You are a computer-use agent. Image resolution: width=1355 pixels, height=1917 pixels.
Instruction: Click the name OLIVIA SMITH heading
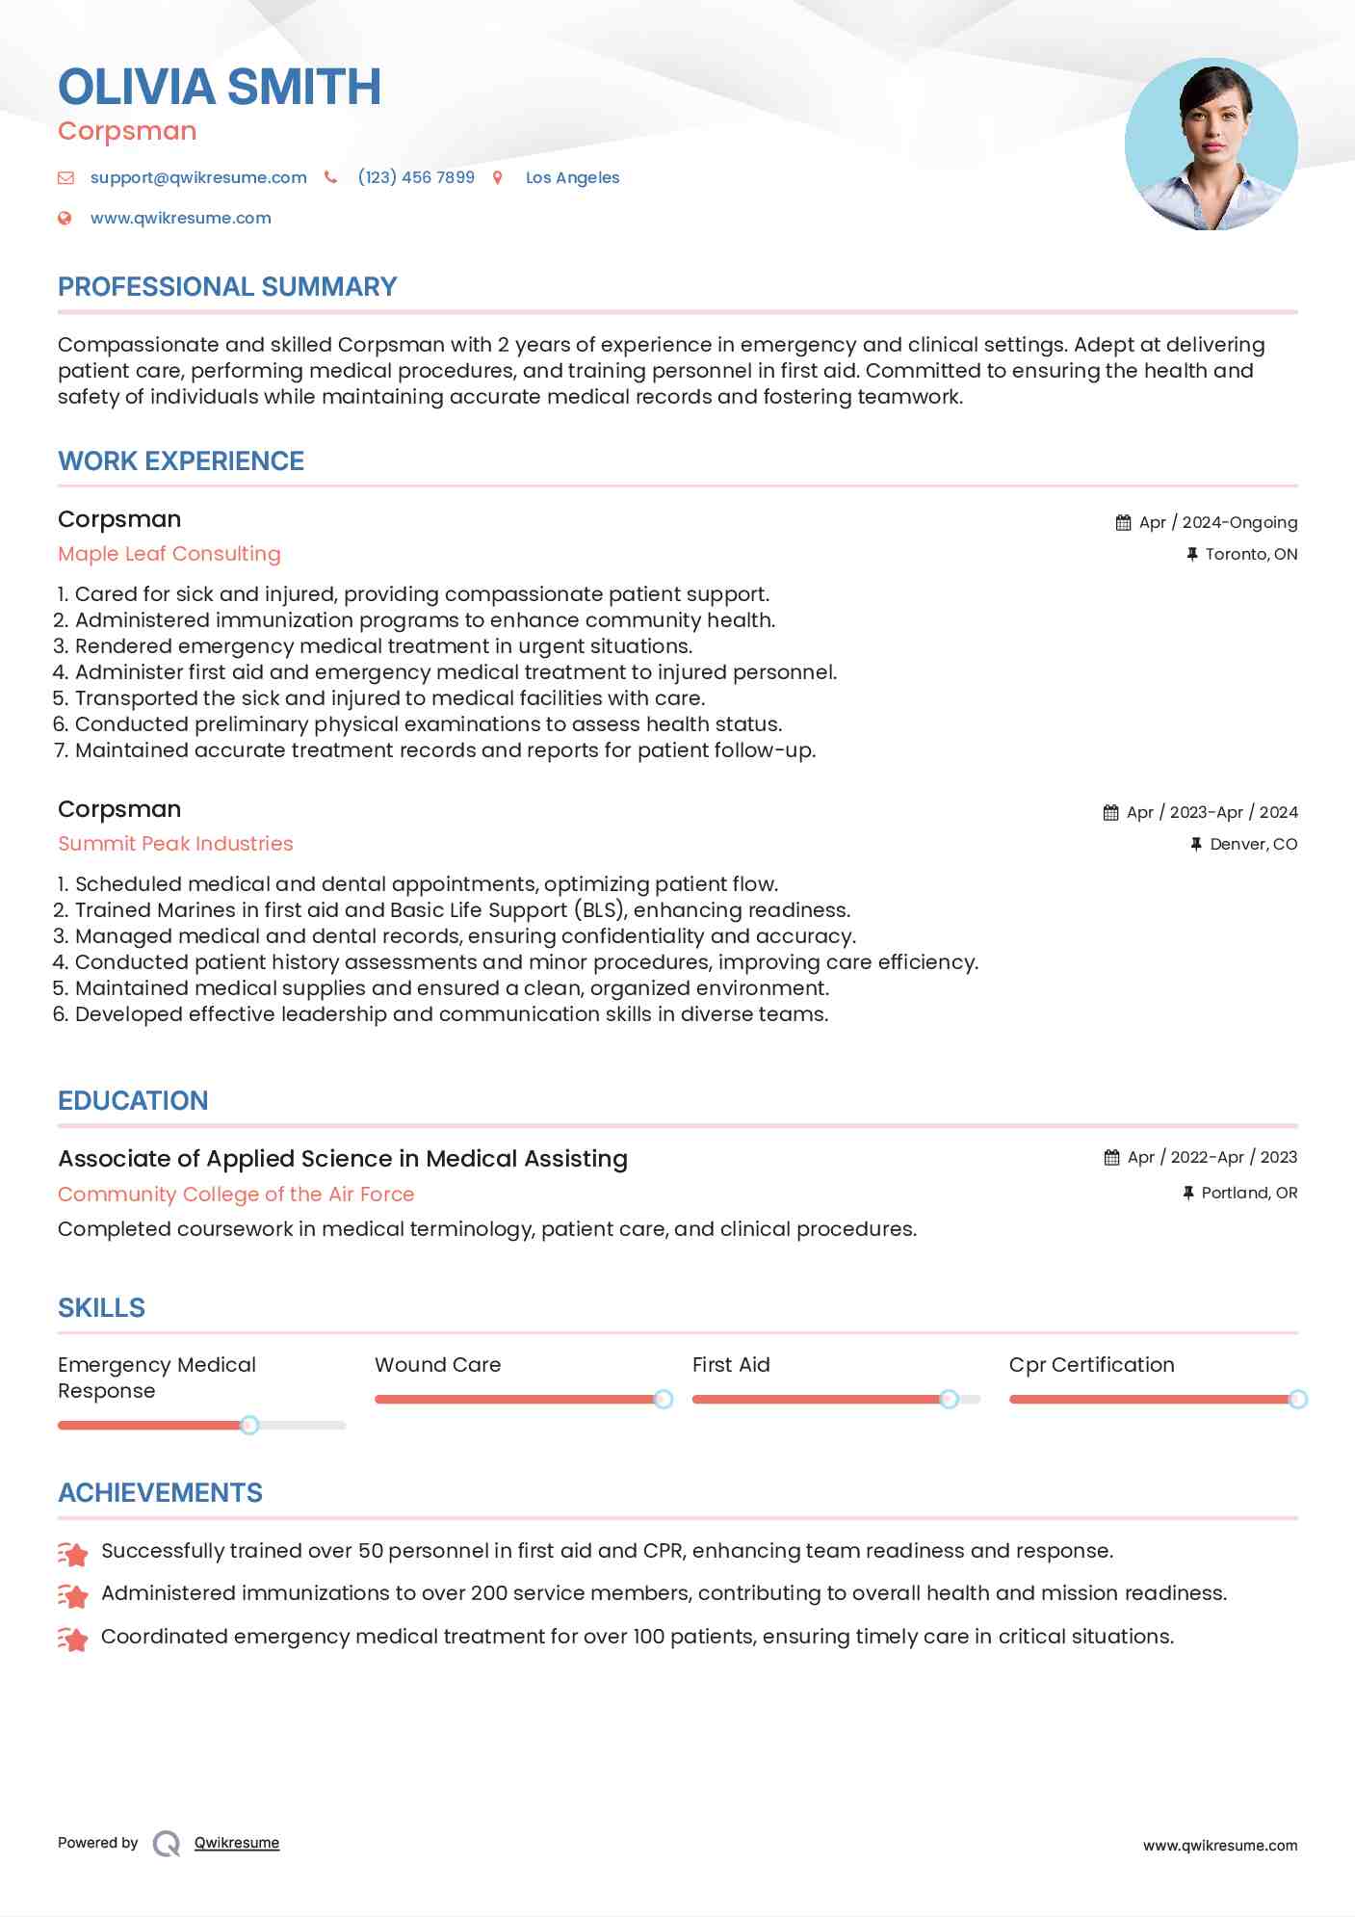click(x=220, y=87)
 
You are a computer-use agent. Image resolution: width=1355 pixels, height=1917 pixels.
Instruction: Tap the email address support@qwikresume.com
click(x=198, y=177)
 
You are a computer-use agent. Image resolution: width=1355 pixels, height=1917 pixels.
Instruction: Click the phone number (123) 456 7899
click(x=416, y=177)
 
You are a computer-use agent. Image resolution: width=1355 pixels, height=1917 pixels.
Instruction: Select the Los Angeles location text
click(x=572, y=177)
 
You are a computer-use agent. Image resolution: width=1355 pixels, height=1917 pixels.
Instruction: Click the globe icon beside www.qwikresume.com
click(x=65, y=218)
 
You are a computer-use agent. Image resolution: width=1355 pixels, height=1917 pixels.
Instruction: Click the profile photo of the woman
click(x=1211, y=144)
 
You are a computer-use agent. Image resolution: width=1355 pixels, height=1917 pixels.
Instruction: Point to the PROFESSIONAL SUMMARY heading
click(x=227, y=287)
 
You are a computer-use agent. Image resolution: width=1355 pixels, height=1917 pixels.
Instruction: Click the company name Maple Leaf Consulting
click(x=169, y=554)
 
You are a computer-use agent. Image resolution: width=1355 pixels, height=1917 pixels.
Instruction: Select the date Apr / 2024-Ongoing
click(x=1217, y=522)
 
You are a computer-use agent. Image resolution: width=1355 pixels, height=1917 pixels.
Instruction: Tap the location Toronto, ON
click(x=1251, y=554)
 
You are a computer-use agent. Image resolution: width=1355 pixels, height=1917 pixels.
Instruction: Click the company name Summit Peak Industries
click(x=175, y=844)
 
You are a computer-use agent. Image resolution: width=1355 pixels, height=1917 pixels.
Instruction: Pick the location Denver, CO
click(x=1253, y=844)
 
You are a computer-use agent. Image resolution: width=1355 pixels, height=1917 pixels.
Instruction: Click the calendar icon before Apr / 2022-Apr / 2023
click(x=1111, y=1157)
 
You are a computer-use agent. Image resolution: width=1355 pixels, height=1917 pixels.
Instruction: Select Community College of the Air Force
click(x=236, y=1195)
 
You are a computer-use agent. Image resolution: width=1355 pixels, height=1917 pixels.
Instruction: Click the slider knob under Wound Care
click(x=663, y=1399)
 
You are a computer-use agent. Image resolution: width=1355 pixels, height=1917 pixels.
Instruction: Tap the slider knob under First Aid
click(x=949, y=1399)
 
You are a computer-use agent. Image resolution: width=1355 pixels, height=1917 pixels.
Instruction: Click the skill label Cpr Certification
click(x=1091, y=1365)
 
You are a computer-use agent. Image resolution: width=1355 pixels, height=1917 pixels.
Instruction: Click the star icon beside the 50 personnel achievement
click(x=73, y=1553)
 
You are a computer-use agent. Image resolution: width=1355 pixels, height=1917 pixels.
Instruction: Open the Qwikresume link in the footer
click(x=236, y=1843)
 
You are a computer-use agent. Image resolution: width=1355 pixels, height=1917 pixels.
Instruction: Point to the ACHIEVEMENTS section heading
click(x=160, y=1493)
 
